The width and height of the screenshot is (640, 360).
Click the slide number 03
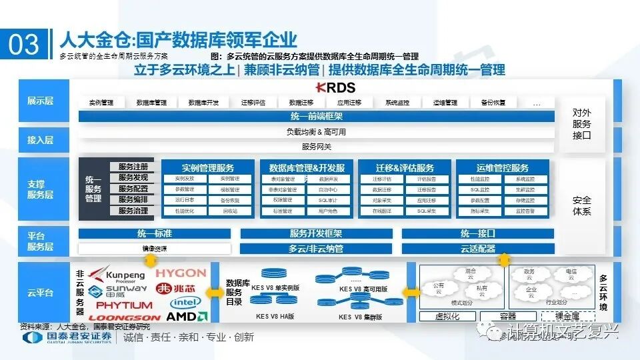point(24,43)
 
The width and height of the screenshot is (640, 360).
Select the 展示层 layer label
point(40,101)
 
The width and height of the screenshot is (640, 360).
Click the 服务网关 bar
point(317,147)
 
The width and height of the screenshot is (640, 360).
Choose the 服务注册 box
point(133,167)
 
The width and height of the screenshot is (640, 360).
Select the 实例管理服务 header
point(207,168)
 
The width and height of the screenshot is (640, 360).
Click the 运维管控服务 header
point(503,168)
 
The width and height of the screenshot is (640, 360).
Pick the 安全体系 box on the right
point(581,205)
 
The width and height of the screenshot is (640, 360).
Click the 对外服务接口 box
point(581,124)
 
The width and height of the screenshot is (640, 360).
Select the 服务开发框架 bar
point(316,234)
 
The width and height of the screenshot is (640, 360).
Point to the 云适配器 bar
point(477,249)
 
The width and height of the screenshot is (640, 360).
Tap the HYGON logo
point(181,273)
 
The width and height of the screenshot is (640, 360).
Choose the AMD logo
point(187,317)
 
